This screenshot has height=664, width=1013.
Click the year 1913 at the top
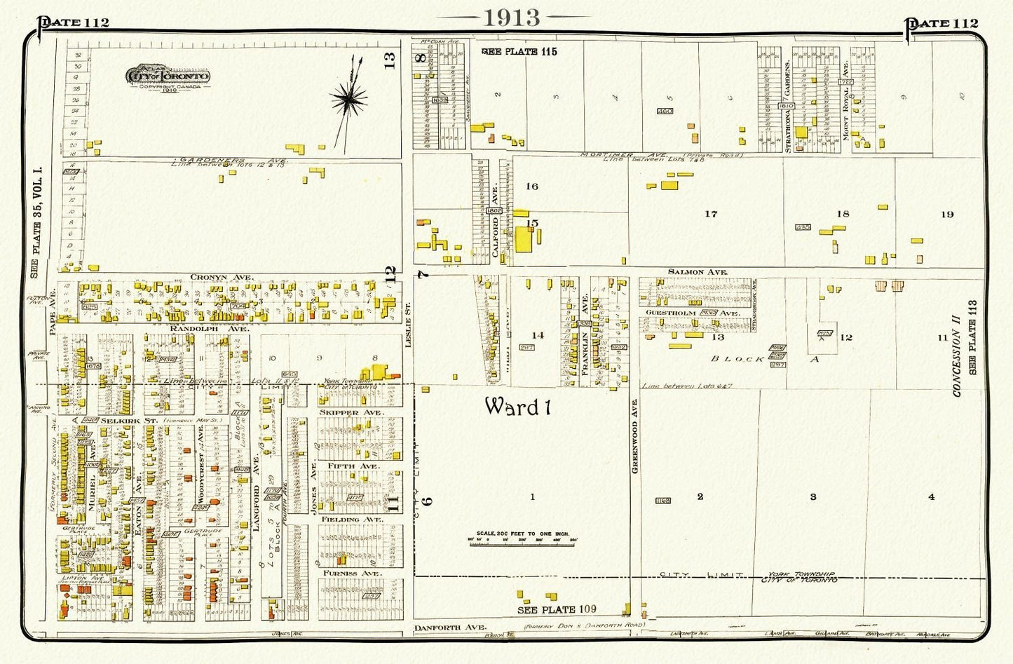coord(510,18)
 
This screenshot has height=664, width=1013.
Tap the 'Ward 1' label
coord(515,406)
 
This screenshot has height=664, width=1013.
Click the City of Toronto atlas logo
coord(167,76)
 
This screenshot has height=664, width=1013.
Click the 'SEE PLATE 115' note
coord(519,51)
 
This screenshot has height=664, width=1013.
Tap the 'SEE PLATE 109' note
coord(557,609)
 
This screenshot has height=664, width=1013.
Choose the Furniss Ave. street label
coord(351,573)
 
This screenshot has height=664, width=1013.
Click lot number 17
coord(711,214)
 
